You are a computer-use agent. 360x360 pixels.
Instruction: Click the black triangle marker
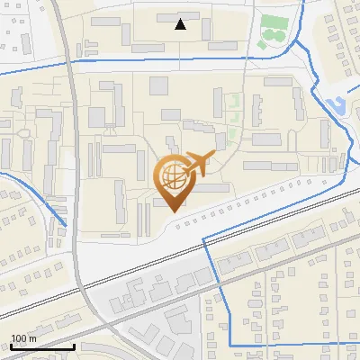(181, 24)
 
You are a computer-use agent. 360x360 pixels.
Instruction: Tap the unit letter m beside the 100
(33, 338)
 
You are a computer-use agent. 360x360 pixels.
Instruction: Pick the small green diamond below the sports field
(263, 42)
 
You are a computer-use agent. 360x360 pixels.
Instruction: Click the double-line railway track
(270, 217)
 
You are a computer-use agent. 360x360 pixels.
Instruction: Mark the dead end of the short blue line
(66, 225)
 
